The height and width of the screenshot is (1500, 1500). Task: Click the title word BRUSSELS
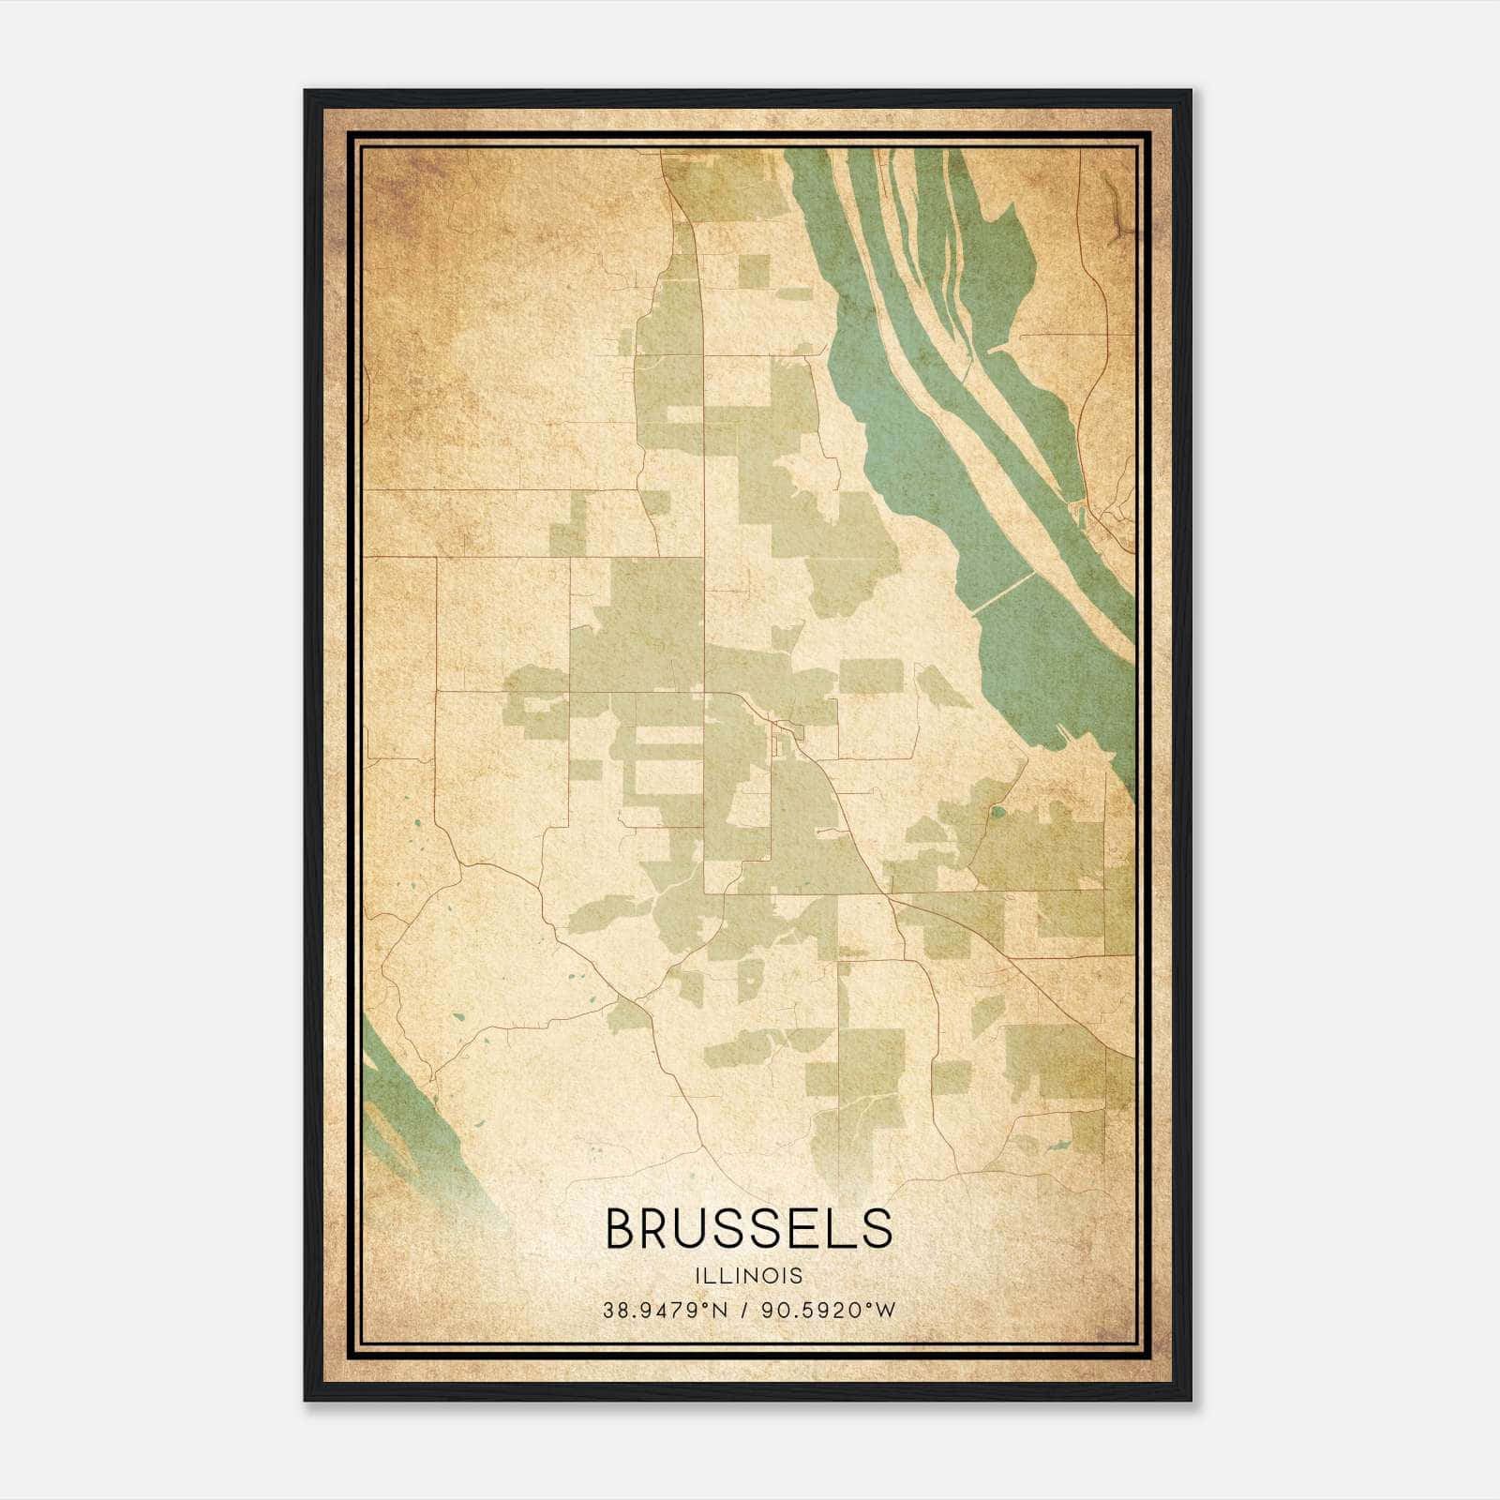[748, 1228]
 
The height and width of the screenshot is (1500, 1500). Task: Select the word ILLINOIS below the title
[748, 1276]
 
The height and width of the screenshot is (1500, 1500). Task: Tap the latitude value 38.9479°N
[666, 1310]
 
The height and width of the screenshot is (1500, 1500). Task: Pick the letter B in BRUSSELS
[622, 1228]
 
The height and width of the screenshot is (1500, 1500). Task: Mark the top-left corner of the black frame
[306, 92]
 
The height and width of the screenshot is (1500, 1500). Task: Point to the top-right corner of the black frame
[1190, 92]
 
